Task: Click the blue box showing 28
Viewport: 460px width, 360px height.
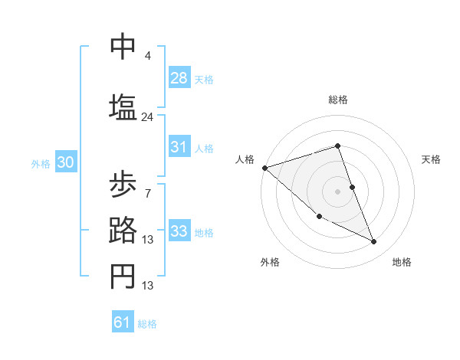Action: click(x=179, y=78)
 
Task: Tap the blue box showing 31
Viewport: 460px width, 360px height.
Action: click(x=179, y=147)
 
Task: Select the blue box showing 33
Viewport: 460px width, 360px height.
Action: click(x=179, y=231)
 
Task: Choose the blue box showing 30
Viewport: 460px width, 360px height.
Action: click(x=65, y=162)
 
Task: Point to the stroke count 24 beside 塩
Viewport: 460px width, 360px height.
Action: click(x=147, y=117)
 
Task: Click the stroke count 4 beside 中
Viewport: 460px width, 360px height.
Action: click(x=147, y=56)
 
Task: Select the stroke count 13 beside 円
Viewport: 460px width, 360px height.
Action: click(x=148, y=286)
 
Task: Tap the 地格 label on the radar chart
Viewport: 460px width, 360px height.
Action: click(x=402, y=262)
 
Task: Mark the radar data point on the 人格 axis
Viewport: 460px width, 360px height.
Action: click(x=264, y=167)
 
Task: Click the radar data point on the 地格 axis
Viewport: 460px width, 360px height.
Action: click(x=374, y=242)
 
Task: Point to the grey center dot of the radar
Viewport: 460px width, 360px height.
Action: click(x=337, y=191)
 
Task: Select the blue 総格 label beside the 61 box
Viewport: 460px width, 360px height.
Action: click(x=147, y=324)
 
